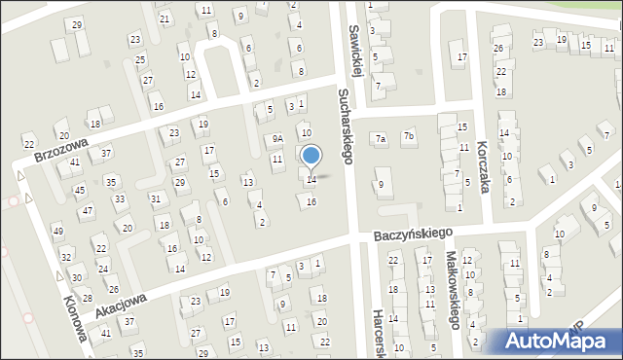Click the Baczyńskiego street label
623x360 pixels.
pos(415,234)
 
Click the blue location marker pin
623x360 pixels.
pos(311,157)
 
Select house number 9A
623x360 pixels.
pos(277,139)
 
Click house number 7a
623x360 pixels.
pos(382,139)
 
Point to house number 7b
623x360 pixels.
pos(409,136)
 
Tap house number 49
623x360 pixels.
pos(57,231)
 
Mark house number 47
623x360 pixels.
pos(88,211)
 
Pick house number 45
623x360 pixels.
pos(80,190)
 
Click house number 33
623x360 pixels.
pos(119,199)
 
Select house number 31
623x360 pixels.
pos(155,198)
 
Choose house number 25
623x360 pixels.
pos(140,60)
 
